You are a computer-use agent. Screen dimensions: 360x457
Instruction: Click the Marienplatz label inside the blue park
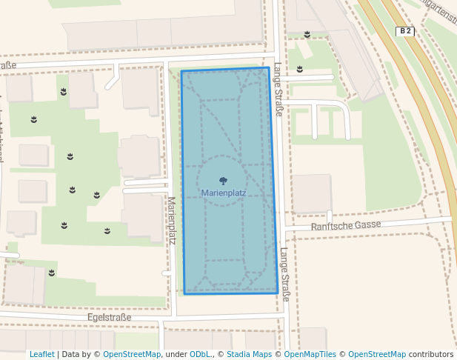click(x=223, y=193)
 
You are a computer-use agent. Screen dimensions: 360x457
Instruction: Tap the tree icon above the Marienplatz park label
click(x=223, y=180)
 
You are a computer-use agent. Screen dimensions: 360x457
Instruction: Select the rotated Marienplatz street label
click(x=171, y=221)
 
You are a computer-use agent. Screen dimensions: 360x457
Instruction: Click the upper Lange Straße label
click(x=278, y=90)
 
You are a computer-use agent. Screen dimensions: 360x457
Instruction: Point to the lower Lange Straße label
click(x=284, y=274)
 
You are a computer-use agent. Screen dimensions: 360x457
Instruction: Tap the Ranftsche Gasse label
click(x=346, y=225)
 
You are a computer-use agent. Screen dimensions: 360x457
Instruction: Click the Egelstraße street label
click(x=109, y=317)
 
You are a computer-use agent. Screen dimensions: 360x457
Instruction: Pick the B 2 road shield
click(x=404, y=31)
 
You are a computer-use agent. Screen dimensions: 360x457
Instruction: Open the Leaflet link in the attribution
click(x=41, y=354)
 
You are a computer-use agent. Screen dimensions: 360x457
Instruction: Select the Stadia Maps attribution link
click(x=248, y=354)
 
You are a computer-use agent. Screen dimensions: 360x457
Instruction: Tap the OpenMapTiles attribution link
click(x=310, y=354)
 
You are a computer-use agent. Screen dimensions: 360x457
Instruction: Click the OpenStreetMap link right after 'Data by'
click(x=132, y=354)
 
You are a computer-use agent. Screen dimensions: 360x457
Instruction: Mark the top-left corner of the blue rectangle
click(x=181, y=72)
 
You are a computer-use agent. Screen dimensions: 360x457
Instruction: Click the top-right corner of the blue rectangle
click(x=268, y=68)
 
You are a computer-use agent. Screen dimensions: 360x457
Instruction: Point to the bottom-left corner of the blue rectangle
click(x=184, y=294)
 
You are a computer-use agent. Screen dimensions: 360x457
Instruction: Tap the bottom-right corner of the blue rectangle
click(x=278, y=293)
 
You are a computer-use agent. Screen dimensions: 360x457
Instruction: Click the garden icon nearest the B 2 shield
click(x=307, y=34)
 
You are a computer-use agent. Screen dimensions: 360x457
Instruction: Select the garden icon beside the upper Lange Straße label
click(x=299, y=70)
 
